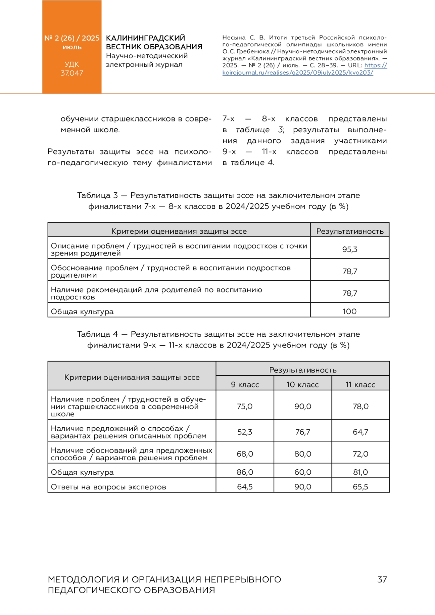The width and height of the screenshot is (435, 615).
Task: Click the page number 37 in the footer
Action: coord(382,579)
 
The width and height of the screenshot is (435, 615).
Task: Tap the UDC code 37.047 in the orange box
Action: coord(72,73)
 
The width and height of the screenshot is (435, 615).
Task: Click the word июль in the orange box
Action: coord(72,47)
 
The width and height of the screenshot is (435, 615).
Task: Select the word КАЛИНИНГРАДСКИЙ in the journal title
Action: coord(145,38)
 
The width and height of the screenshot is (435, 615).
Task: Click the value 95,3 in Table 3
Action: coord(350,249)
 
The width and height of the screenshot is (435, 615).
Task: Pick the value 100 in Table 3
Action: coord(350,311)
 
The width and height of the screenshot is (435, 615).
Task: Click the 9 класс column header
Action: coord(245,385)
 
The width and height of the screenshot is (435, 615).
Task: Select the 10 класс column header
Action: coord(303,385)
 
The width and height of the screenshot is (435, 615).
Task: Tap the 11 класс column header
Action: coord(361,385)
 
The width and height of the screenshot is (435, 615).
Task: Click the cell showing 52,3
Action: coord(245,432)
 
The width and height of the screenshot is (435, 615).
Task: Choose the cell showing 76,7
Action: coord(303,432)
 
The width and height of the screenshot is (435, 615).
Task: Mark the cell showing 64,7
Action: coord(361,432)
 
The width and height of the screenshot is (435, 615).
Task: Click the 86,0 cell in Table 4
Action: coord(245,472)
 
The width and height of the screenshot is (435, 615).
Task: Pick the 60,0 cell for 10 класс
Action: coord(303,472)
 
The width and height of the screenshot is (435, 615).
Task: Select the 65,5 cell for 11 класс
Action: coord(361,487)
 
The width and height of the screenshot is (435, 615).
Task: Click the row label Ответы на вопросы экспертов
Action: coord(108,487)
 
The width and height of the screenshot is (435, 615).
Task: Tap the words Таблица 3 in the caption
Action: coord(98,196)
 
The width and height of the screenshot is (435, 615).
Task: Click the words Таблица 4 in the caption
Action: coord(98,334)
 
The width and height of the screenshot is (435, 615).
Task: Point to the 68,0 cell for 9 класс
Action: coord(245,454)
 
